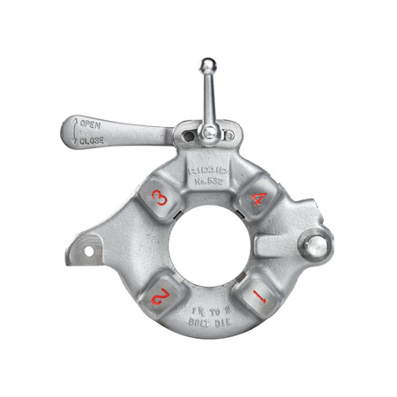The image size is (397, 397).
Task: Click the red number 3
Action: point(161,199)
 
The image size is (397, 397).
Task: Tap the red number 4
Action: point(258,199)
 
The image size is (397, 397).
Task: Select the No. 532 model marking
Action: point(210,184)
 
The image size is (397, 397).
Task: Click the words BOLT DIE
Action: point(209,324)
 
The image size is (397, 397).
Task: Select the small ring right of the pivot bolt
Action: point(230,137)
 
